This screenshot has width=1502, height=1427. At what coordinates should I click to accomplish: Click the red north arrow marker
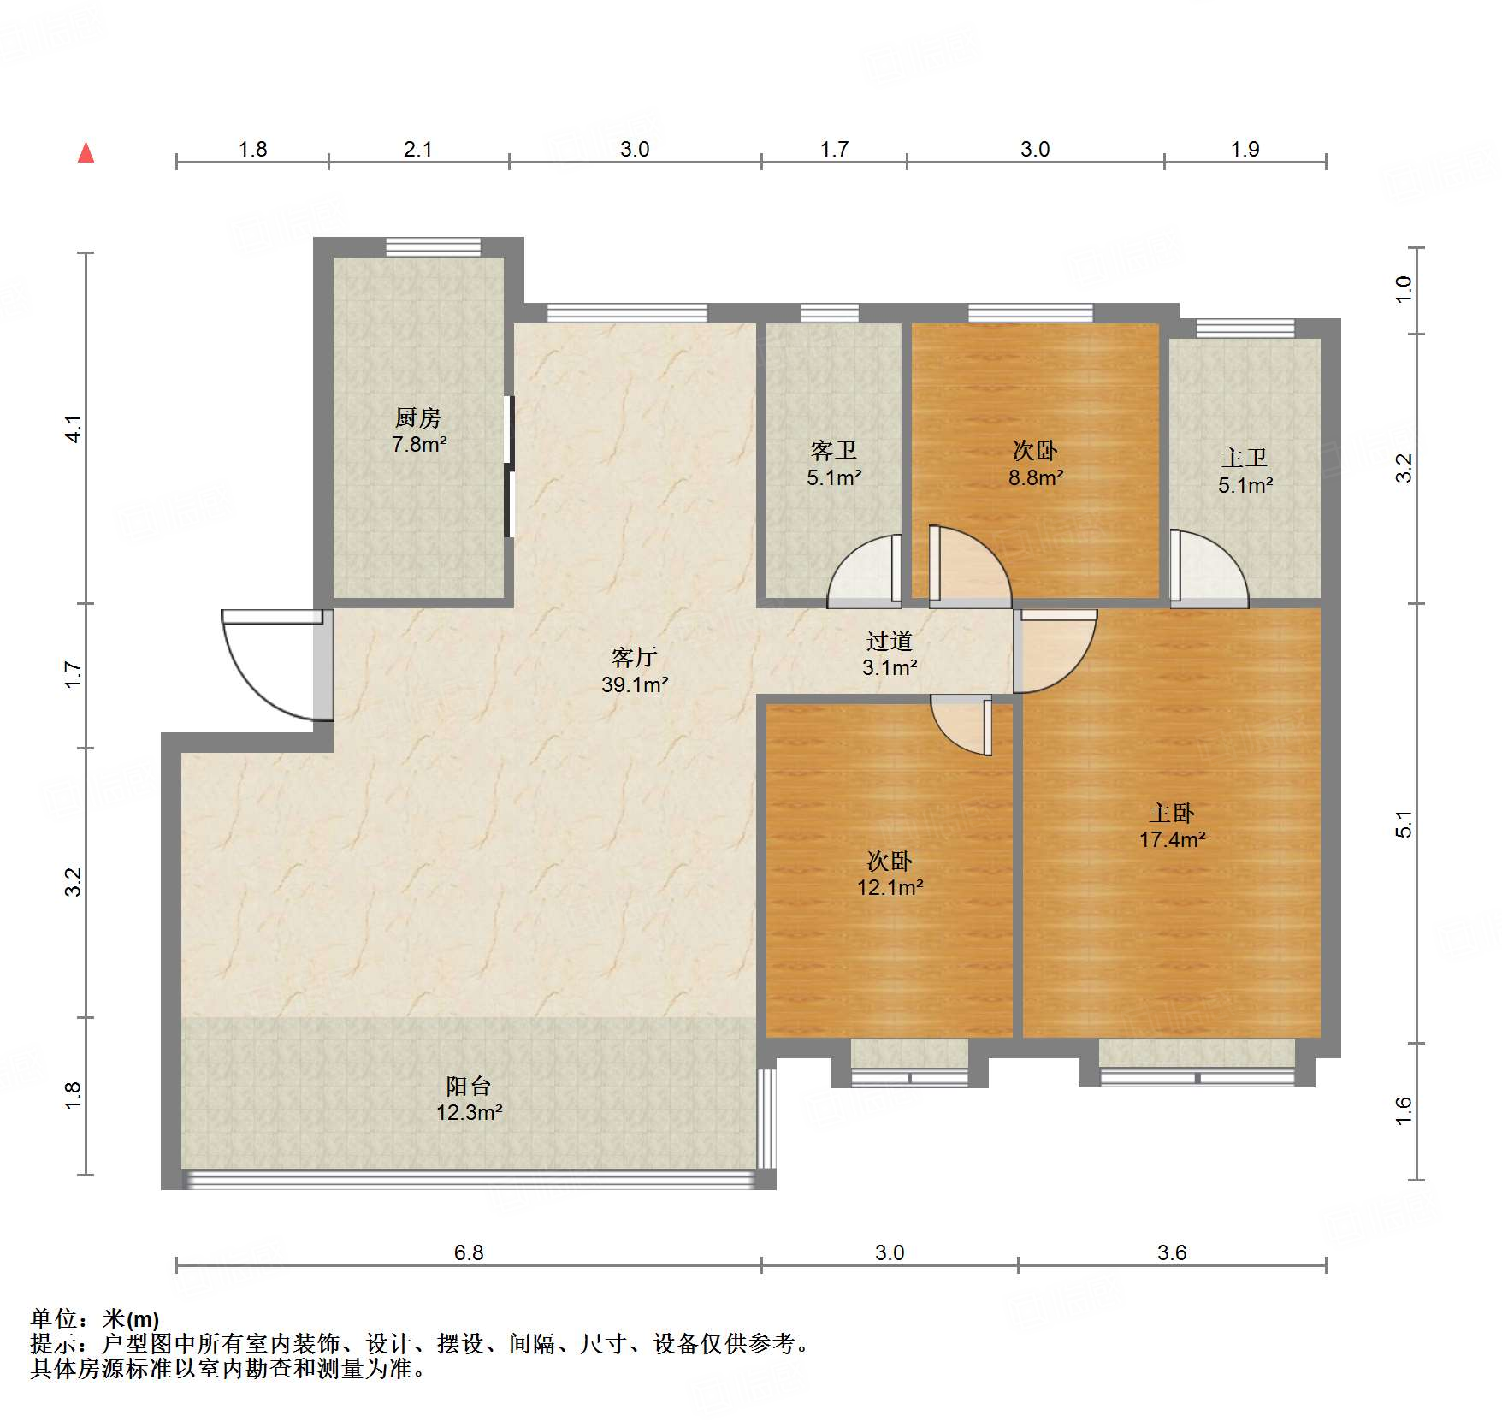[x=86, y=153]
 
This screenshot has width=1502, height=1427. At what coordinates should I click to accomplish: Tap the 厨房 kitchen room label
[x=418, y=418]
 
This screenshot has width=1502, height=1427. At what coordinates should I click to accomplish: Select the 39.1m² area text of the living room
[x=635, y=684]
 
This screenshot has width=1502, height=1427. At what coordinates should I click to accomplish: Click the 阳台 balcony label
[x=469, y=1087]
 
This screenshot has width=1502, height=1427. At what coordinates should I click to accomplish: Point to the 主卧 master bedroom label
[x=1172, y=813]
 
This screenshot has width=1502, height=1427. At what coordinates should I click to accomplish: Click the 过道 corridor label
[x=890, y=641]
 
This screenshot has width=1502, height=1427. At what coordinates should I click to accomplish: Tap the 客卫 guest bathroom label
[x=834, y=450]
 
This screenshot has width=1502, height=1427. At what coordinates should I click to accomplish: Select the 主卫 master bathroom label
[x=1245, y=459]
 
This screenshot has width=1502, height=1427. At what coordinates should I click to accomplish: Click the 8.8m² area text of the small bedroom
[x=1035, y=477]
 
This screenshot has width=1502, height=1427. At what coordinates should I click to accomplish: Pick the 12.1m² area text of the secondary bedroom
[x=890, y=887]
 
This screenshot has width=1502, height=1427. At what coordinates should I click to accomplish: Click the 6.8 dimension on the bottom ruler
[x=469, y=1252]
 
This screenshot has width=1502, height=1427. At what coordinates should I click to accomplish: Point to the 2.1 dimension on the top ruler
[x=417, y=150]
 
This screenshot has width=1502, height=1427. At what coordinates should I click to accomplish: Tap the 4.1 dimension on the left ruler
[x=74, y=429]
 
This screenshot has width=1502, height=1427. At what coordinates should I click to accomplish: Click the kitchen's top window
[x=433, y=247]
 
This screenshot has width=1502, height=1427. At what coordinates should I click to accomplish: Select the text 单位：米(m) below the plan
[x=95, y=1319]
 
